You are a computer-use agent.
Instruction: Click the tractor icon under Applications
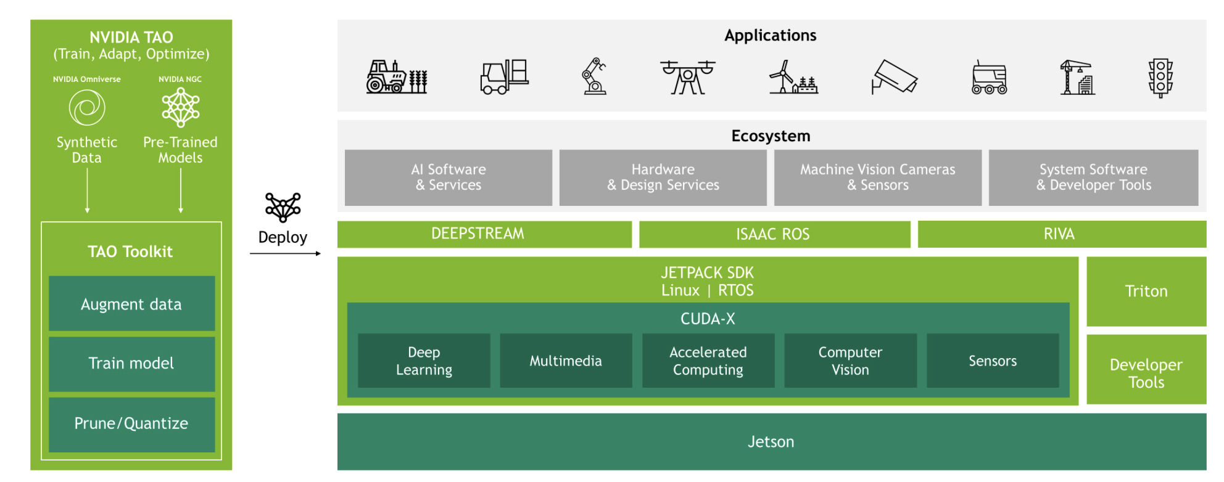[x=397, y=77]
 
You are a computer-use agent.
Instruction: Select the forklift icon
[x=504, y=76]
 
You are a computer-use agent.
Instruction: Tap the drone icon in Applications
[x=687, y=77]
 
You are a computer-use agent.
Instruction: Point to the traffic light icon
[x=1160, y=78]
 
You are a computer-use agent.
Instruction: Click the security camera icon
[x=895, y=77]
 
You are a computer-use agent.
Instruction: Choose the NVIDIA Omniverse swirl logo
[x=87, y=108]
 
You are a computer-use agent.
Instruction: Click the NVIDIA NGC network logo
[x=180, y=107]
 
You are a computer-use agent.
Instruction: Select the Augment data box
[x=132, y=303]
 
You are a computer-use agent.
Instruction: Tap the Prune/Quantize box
[x=132, y=424]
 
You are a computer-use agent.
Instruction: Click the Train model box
[x=132, y=364]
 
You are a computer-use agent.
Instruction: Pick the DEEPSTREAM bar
[x=484, y=234]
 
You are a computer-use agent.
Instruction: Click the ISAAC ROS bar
[x=774, y=234]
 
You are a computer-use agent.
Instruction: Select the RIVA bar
[x=1062, y=234]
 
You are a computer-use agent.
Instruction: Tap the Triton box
[x=1146, y=292]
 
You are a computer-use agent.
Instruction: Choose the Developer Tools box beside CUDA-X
[x=1146, y=370]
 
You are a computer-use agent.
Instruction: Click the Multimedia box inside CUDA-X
[x=566, y=361]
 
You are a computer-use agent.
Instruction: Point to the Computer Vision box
[x=850, y=361]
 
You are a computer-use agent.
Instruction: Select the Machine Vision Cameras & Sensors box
[x=878, y=178]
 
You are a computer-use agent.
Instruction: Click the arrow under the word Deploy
[x=286, y=253]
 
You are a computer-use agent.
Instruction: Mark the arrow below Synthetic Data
[x=87, y=190]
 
